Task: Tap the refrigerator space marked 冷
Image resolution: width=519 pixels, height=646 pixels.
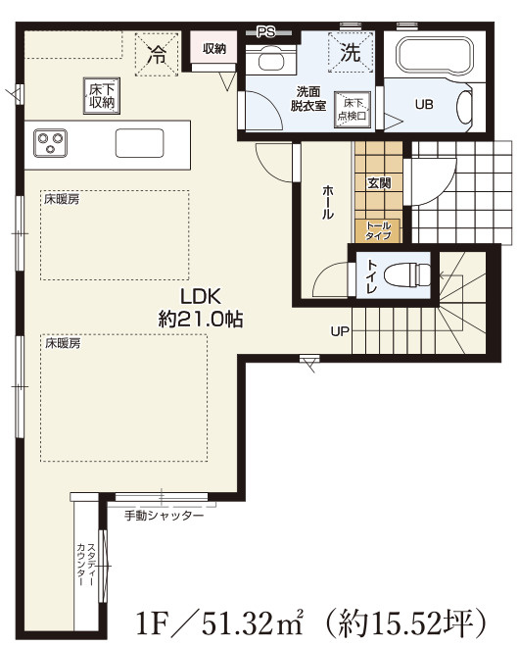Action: (x=157, y=54)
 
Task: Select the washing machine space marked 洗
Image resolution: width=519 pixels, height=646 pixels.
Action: (x=351, y=52)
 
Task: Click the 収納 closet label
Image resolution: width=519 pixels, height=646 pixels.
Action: (x=214, y=49)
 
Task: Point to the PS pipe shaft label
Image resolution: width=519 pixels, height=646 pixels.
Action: (x=266, y=32)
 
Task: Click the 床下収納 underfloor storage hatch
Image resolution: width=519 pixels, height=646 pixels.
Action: (x=101, y=96)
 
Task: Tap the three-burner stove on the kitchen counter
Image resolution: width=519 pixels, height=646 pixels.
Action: (x=50, y=142)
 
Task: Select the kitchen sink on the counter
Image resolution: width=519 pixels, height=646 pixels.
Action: (x=139, y=143)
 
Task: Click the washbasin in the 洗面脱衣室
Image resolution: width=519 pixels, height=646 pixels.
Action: (x=270, y=60)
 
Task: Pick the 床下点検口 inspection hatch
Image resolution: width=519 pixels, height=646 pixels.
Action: (x=352, y=109)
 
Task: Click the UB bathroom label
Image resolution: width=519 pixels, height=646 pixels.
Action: (x=424, y=104)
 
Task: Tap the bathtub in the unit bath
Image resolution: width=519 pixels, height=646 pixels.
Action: (x=434, y=55)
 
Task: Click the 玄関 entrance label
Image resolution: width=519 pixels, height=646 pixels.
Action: (x=379, y=183)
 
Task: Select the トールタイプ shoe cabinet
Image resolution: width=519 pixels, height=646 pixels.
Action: (x=378, y=230)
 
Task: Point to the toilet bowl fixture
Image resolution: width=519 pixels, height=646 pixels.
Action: (x=407, y=273)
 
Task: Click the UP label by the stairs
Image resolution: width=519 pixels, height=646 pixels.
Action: (x=340, y=331)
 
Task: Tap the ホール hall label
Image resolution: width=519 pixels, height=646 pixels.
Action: (x=328, y=202)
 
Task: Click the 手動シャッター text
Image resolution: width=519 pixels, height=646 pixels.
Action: (x=165, y=516)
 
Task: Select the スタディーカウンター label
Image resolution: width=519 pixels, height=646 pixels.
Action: (x=86, y=564)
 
